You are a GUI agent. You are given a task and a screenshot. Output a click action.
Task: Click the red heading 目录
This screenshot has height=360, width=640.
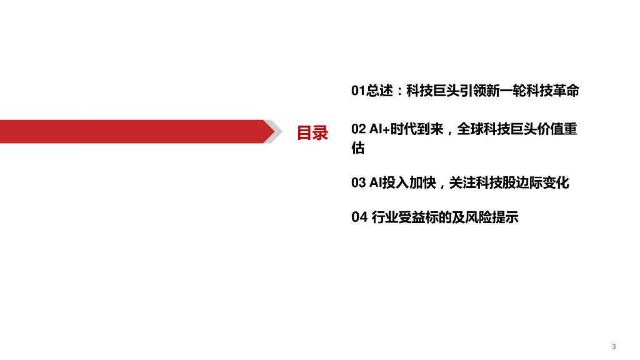(312, 132)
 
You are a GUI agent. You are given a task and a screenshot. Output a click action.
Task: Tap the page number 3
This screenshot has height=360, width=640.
(614, 346)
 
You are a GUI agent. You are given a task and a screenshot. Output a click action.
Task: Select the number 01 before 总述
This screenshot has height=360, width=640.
(357, 91)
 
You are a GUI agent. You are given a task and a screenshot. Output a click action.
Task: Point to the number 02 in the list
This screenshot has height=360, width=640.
(358, 129)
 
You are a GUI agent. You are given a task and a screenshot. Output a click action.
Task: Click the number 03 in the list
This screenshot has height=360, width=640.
(358, 183)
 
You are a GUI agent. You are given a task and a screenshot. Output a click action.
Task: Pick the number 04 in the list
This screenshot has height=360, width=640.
(358, 217)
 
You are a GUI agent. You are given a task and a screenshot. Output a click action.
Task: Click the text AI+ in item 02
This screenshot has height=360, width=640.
(379, 129)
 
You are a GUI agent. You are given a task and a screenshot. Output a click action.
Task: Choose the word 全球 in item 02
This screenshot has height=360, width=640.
(472, 129)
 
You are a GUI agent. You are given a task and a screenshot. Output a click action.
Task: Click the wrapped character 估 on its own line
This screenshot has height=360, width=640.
(358, 149)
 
